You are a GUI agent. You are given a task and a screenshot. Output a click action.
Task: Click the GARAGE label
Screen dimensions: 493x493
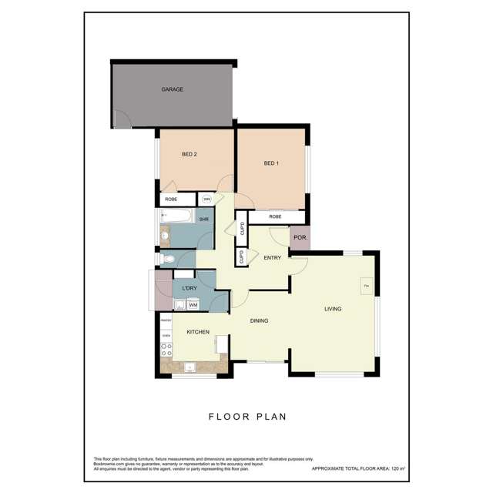(172, 90)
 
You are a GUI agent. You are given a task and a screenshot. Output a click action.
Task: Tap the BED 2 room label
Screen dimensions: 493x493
(189, 155)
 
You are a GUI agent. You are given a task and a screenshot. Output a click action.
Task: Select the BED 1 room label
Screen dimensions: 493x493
(270, 163)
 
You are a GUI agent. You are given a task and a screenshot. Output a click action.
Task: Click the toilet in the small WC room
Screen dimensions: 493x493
(167, 259)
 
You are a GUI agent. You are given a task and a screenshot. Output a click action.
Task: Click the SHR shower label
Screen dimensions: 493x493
(204, 220)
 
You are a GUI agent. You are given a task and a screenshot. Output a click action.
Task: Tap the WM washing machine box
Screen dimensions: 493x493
(193, 306)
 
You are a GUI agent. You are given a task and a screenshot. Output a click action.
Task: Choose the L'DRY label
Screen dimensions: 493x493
(189, 289)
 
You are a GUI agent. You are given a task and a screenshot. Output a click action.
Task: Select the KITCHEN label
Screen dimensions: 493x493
(198, 332)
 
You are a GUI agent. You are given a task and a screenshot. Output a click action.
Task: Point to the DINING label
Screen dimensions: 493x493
(259, 321)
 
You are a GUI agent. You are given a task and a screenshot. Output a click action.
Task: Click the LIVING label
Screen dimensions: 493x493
(333, 309)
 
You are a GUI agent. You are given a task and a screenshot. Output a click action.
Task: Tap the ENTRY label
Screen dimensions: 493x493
(272, 257)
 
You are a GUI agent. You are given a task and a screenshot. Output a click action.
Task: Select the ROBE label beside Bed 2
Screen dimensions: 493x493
(171, 200)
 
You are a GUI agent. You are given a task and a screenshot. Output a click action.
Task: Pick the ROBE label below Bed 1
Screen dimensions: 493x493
(275, 217)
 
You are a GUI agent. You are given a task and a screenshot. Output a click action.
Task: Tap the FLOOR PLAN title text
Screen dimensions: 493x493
(248, 417)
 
